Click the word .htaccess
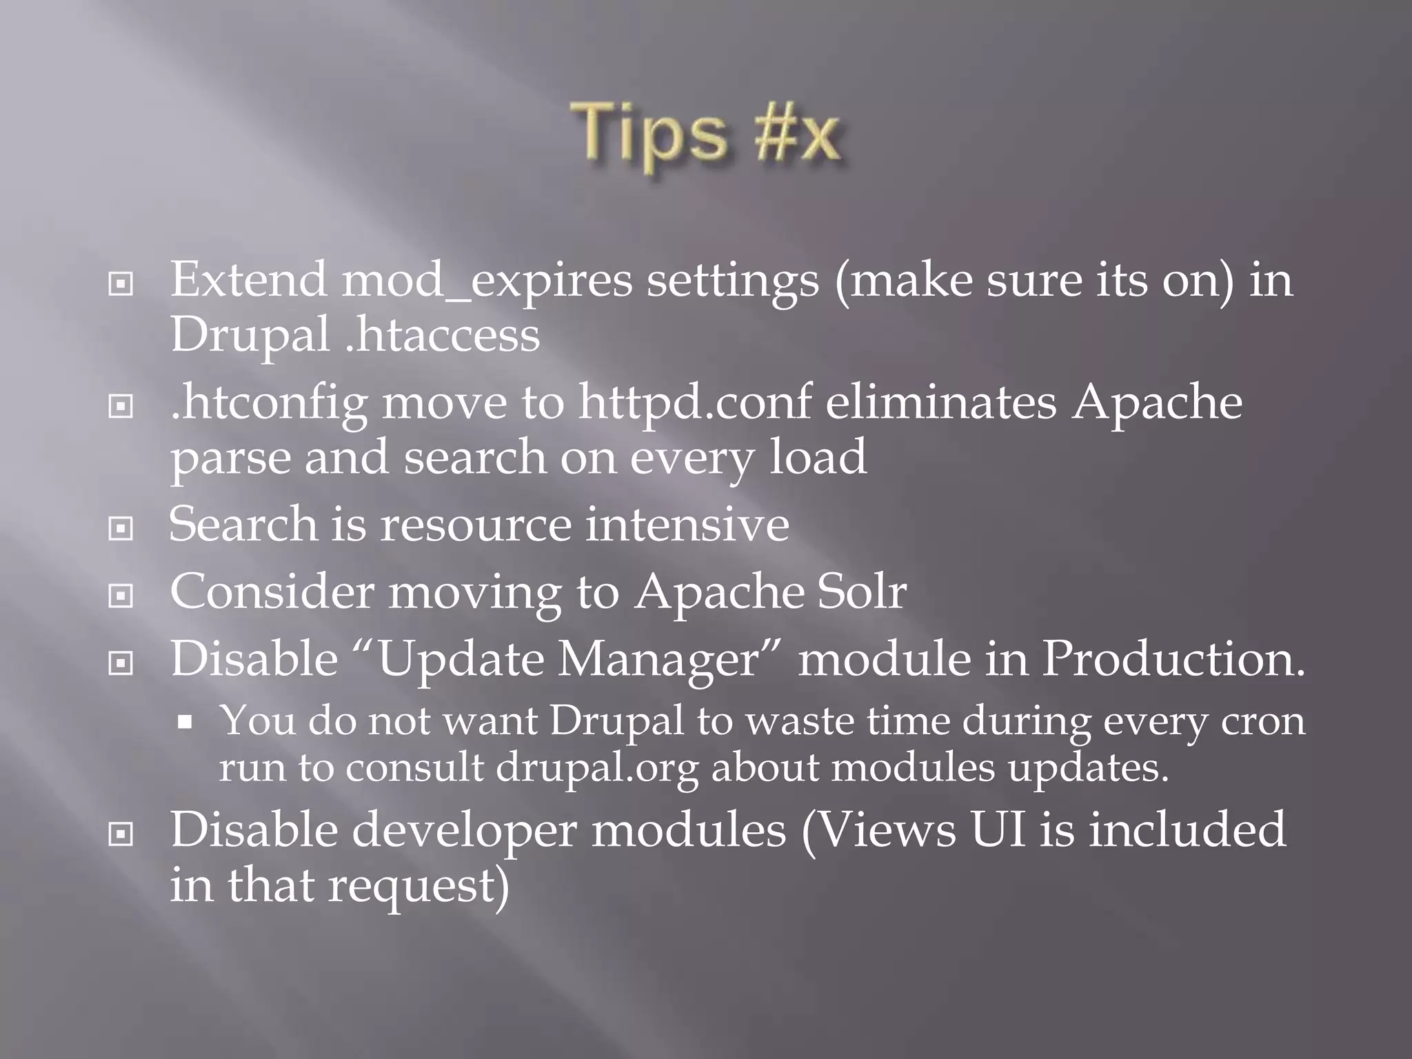tap(442, 336)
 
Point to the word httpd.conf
tap(694, 402)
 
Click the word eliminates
tap(940, 402)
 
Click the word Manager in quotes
tap(658, 660)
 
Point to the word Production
tap(1173, 658)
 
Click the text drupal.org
tap(597, 768)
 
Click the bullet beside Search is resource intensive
tap(121, 529)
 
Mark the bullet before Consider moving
tap(121, 596)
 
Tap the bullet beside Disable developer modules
tap(121, 834)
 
